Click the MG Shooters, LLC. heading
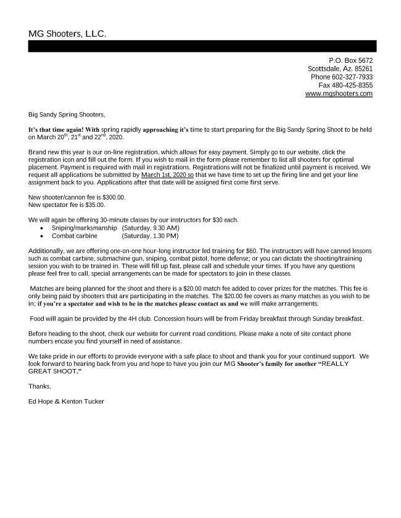click(67, 33)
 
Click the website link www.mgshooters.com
click(339, 94)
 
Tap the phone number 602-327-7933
click(352, 77)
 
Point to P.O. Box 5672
click(350, 60)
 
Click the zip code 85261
click(362, 69)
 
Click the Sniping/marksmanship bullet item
click(84, 228)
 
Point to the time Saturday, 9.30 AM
click(151, 228)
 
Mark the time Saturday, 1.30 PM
click(151, 235)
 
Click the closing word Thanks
click(39, 386)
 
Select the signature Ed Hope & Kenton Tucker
click(66, 402)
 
